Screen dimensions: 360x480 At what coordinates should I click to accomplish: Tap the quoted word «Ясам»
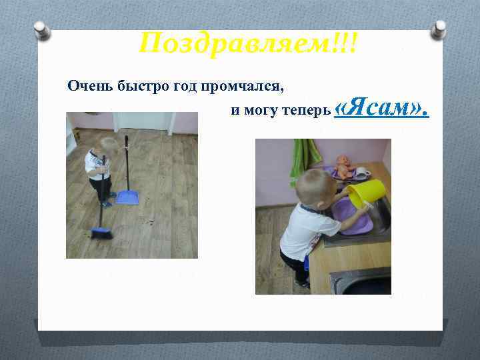point(381,107)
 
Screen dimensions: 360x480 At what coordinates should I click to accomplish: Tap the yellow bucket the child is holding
point(365,193)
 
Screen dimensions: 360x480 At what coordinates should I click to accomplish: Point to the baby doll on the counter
point(345,167)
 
